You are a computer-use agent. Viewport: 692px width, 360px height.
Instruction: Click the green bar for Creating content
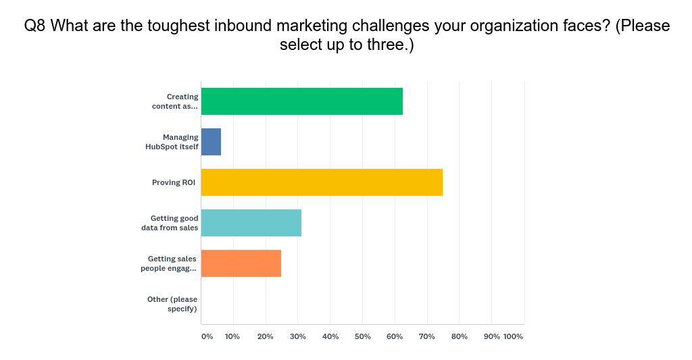click(301, 101)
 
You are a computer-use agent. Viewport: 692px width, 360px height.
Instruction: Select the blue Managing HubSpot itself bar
click(211, 142)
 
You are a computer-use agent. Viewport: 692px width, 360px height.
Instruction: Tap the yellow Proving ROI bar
click(322, 182)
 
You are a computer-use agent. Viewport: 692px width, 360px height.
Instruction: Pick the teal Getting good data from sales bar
click(251, 223)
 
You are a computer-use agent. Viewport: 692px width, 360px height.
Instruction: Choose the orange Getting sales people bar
click(241, 263)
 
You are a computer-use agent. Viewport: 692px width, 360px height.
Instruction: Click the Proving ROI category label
click(174, 182)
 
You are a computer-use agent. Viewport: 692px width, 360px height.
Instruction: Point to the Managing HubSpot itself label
click(172, 142)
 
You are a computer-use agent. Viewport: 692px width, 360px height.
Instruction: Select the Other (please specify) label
click(172, 304)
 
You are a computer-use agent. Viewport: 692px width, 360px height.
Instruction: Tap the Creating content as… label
click(176, 101)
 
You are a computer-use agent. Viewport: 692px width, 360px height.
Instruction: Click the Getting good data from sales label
click(174, 223)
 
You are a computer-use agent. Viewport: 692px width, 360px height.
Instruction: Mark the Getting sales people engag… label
click(169, 263)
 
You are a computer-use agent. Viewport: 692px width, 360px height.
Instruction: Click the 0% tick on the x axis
click(207, 336)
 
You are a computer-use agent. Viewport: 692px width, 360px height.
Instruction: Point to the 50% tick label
click(362, 336)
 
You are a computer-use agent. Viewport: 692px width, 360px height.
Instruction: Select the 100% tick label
click(513, 336)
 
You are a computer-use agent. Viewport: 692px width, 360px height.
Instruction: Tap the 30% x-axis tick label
click(298, 336)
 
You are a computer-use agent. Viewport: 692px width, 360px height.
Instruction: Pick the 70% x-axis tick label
click(427, 336)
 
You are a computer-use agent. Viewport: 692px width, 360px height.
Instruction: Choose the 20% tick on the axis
click(266, 336)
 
